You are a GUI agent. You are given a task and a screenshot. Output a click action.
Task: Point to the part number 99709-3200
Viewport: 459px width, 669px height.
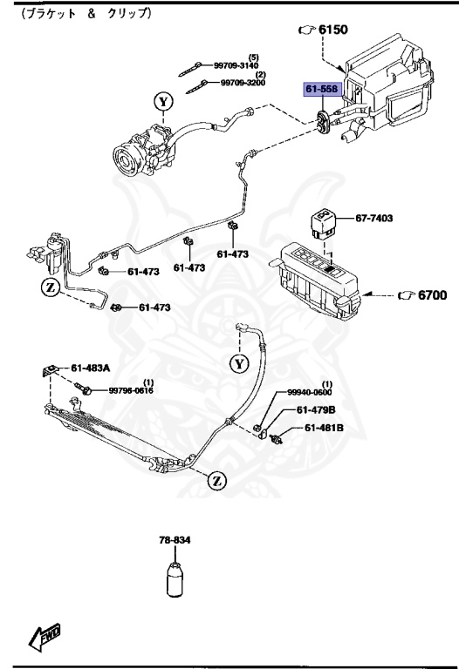tap(242, 84)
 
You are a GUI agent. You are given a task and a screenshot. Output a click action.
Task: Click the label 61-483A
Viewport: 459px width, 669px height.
tap(91, 368)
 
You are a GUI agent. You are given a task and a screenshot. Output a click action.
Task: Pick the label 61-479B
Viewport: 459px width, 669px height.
tap(316, 410)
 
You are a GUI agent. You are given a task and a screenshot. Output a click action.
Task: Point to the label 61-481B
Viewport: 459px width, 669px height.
tap(324, 428)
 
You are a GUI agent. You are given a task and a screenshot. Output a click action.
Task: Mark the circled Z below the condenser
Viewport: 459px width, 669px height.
tap(216, 478)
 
